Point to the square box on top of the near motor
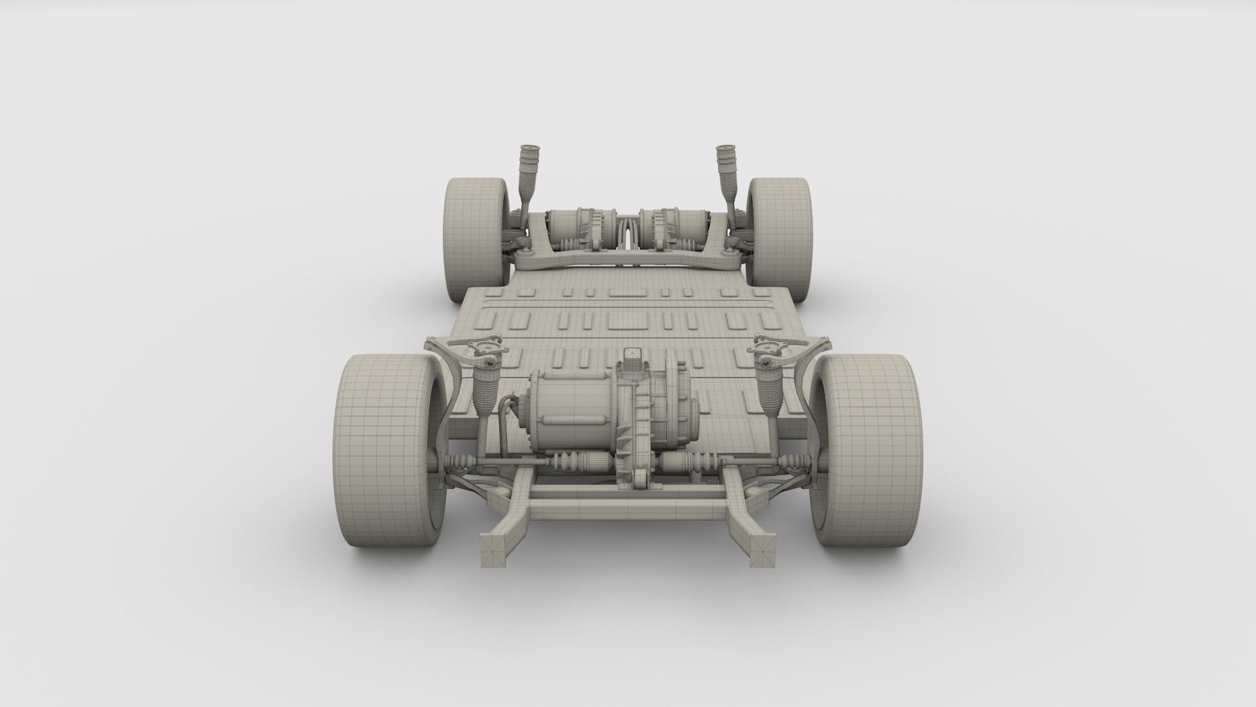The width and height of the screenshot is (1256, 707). [632, 357]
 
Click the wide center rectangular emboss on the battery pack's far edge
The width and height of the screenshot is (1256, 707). [627, 293]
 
